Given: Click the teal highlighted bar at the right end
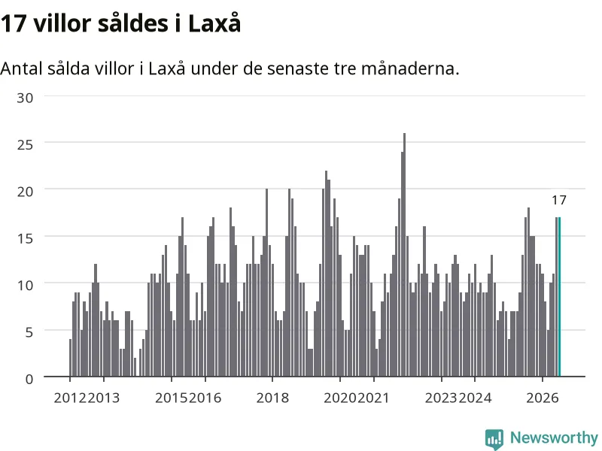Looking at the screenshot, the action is pos(559,297).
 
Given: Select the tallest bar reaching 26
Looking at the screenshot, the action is pos(404,255).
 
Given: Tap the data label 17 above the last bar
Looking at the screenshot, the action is pos(559,200).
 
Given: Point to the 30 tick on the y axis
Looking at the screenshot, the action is pos(25,98).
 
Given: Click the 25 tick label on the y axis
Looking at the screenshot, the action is pos(25,144).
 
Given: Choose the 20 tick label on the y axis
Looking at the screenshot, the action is pos(25,192).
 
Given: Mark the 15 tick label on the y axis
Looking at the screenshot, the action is pos(25,238).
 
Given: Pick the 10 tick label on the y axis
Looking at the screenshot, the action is pos(25,286).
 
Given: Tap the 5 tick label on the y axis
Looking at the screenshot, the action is pos(29,332).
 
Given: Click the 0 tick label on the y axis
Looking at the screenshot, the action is pos(29,380).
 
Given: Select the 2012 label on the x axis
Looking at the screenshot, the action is pos(70,398).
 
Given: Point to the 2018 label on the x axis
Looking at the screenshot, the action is pos(272,398).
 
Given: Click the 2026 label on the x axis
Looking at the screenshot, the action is pos(543,398).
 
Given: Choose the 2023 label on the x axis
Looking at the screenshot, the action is pos(442,398).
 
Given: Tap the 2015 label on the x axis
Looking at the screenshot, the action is pos(172,398).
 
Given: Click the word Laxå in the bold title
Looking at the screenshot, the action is pos(214,23).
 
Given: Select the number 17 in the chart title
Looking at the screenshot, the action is pos(14,23).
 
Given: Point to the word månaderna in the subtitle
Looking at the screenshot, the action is pos(410,68).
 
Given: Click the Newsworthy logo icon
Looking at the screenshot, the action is pos(494,439).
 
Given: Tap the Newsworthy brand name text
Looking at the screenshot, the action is pos(554,437).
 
